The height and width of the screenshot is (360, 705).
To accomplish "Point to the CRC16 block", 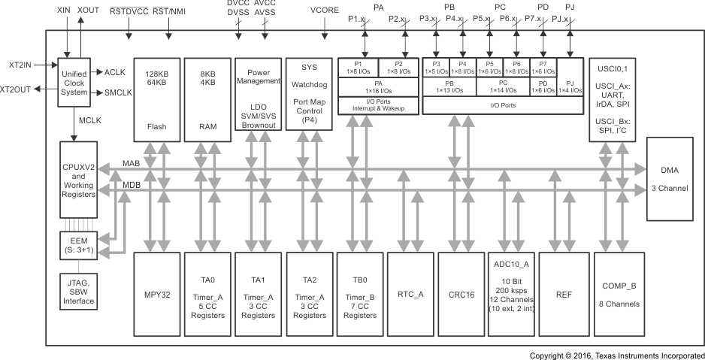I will coord(461,295).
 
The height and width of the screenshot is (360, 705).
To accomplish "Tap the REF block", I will coord(563,295).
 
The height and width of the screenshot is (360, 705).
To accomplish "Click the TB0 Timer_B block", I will coord(359,295).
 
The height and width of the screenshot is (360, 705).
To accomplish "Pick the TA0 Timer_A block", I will coord(206,295).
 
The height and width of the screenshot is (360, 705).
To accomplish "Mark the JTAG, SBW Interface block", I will coord(78,290).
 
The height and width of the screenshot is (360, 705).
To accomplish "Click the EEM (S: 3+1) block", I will coord(78,245).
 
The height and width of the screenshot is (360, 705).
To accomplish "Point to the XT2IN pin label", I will coord(16,65).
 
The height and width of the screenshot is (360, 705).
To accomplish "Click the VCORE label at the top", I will coord(324,12).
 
